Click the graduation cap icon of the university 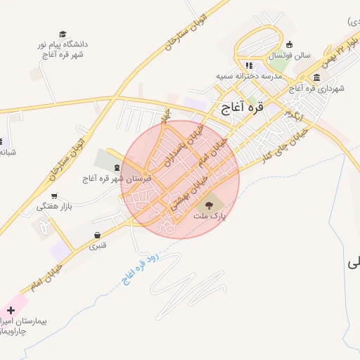click(x=63, y=34)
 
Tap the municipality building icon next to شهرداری click(x=317, y=77)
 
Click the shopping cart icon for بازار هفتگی click(x=55, y=197)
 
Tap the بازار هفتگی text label click(x=55, y=207)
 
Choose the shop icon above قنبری click(x=97, y=235)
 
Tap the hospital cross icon click(x=11, y=310)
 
